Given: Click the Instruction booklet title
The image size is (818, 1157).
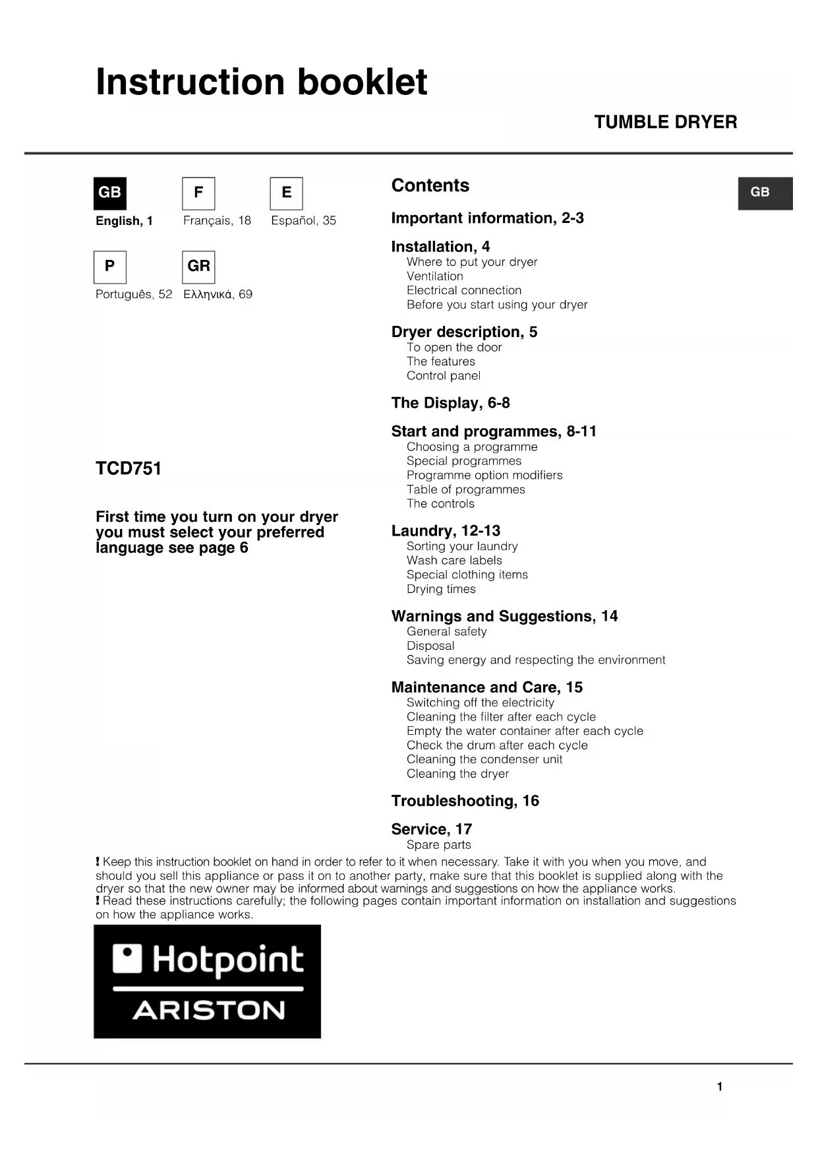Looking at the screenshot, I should point(261,82).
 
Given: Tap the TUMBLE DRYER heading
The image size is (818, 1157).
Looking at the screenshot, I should point(665,122).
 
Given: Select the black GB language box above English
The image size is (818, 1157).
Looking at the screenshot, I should point(109,193).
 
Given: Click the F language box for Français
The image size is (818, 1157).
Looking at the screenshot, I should point(198,193).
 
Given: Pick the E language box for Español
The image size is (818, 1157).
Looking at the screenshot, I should point(286,193).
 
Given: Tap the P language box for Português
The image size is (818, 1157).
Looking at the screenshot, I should point(109,266).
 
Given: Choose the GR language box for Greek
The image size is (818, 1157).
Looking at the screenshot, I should point(198,266).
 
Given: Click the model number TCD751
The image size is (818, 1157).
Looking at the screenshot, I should point(129,468).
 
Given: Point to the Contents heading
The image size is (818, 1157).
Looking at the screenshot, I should point(430,185).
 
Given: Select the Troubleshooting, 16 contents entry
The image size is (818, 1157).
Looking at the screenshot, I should point(465,801).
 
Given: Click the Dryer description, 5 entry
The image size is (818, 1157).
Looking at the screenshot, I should point(464,332).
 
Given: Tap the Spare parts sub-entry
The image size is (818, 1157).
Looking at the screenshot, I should point(438,845).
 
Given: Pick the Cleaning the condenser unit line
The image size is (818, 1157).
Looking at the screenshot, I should point(484,759).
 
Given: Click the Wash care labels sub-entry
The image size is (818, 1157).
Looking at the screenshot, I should point(454,561).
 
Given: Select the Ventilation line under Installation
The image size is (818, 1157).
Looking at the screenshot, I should point(434,276).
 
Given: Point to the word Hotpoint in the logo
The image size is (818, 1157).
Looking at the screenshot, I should point(227,960).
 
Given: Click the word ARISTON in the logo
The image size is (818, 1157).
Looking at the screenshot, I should point(208,1010).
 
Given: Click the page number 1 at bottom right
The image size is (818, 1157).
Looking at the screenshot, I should point(720,1086).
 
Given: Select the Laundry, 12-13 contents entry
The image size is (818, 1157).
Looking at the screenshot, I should point(446,531).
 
